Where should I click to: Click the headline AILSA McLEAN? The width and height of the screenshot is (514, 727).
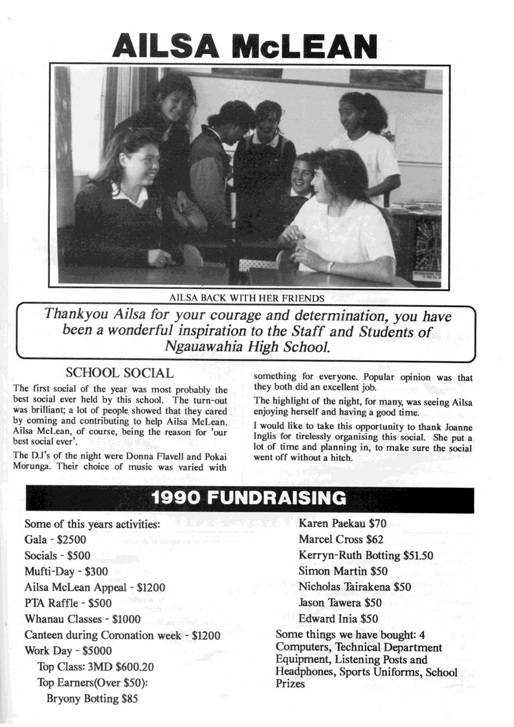pyautogui.click(x=244, y=46)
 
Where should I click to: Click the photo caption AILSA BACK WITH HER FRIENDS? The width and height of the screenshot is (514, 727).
pyautogui.click(x=246, y=298)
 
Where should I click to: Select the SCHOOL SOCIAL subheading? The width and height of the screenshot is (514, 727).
pyautogui.click(x=120, y=373)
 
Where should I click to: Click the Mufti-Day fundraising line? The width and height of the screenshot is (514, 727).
pyautogui.click(x=66, y=571)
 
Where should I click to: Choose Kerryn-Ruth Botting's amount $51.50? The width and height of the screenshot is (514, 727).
pyautogui.click(x=418, y=555)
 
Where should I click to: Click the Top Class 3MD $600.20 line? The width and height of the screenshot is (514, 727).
pyautogui.click(x=95, y=666)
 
